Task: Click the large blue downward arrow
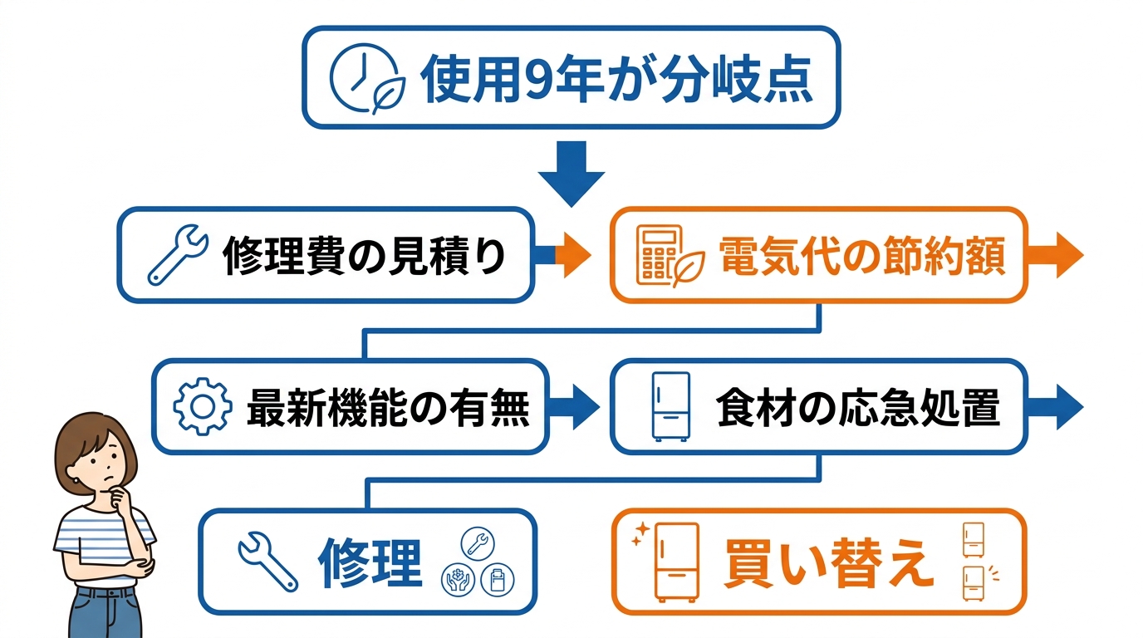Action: click(571, 173)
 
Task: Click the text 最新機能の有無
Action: click(388, 407)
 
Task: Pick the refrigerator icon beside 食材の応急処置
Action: click(670, 407)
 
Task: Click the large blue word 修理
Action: click(370, 562)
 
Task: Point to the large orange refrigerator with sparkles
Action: click(676, 562)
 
